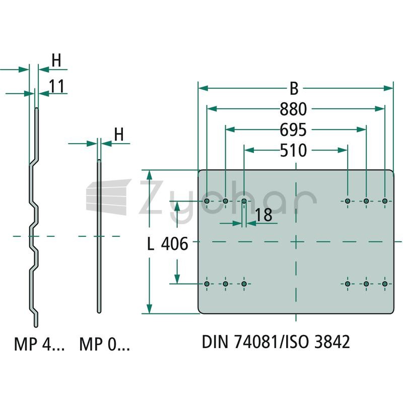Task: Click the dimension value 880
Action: (x=293, y=109)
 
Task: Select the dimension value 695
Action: (x=293, y=130)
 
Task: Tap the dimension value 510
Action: (x=293, y=150)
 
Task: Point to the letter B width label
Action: (x=294, y=89)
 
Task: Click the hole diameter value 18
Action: (x=263, y=215)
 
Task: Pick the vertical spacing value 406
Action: (x=174, y=244)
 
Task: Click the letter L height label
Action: (x=151, y=244)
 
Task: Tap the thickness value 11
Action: (x=56, y=86)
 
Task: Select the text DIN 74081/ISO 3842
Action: (x=276, y=342)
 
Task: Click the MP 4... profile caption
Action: (x=39, y=344)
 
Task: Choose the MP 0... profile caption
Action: (x=105, y=344)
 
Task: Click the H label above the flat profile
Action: (x=119, y=134)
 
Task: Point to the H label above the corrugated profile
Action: (x=56, y=60)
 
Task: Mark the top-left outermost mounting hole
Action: (x=207, y=201)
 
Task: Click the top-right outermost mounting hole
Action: (x=385, y=201)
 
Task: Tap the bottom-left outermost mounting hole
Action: (x=207, y=284)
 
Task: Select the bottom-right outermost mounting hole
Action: (x=385, y=284)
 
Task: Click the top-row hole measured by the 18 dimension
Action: (x=244, y=201)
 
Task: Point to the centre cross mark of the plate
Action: (x=296, y=242)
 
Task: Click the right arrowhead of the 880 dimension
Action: (x=380, y=109)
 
